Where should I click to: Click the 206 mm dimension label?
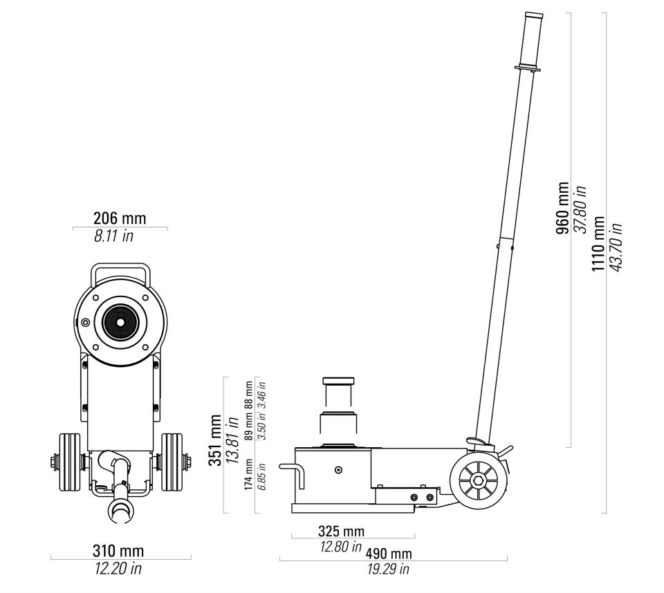click(120, 218)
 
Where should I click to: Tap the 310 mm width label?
click(118, 551)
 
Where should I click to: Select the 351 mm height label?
click(215, 440)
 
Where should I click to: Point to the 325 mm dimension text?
click(341, 531)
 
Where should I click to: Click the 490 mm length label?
click(388, 553)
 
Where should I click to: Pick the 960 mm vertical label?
click(563, 208)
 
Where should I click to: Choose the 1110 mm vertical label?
click(598, 244)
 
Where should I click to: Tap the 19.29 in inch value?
click(388, 570)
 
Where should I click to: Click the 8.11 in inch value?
click(113, 236)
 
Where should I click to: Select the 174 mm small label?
click(248, 475)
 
